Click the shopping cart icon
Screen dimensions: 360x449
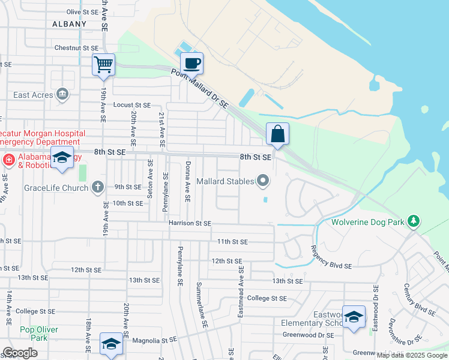103,64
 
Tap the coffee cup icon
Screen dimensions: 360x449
191,63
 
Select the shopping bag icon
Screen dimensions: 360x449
277,133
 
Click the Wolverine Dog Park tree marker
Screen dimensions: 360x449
413,221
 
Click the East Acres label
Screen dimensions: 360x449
31,95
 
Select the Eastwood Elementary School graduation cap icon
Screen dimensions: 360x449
354,316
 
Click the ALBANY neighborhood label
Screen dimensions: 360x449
68,24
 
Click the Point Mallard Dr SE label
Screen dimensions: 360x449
200,88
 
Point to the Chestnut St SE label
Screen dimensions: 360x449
76,47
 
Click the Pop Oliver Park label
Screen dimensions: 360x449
38,334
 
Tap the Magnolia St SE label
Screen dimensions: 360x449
155,340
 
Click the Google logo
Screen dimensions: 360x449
20,353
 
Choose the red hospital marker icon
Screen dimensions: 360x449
8,160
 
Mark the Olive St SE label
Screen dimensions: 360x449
82,11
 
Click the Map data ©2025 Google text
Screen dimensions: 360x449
412,355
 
